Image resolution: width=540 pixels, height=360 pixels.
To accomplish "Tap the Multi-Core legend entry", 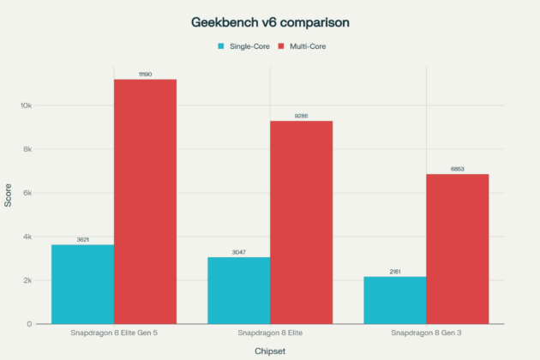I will click(x=302, y=46).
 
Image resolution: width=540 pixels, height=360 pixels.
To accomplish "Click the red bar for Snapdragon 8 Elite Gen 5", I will click(x=145, y=201).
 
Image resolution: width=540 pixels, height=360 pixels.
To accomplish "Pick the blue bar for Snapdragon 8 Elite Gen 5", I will click(x=82, y=284).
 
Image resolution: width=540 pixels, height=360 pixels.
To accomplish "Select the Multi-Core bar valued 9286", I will click(x=301, y=222).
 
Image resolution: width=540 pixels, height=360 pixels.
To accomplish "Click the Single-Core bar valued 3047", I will click(x=238, y=291).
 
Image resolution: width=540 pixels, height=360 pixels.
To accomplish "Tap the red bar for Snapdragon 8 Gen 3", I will click(x=457, y=249).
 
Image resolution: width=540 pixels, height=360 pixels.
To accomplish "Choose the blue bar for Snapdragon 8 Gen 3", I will click(x=394, y=300).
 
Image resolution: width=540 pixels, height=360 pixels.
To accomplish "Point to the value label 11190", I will click(x=145, y=74).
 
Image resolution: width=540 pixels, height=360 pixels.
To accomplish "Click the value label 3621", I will click(x=82, y=239).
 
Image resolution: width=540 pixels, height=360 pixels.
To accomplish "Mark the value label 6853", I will click(x=457, y=169).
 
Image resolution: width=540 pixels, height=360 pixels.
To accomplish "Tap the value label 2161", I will click(x=394, y=271).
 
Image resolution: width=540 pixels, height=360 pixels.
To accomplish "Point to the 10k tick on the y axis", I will click(x=26, y=105).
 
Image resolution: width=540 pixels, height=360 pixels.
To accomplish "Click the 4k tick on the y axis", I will click(x=27, y=237).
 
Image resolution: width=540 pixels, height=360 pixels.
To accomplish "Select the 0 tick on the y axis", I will click(x=30, y=324).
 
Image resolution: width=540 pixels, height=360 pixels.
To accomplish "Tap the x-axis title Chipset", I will click(x=269, y=351).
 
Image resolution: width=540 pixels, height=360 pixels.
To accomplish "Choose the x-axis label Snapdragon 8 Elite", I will click(x=269, y=333).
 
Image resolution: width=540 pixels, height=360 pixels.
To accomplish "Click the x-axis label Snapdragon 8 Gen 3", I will click(x=426, y=333).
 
